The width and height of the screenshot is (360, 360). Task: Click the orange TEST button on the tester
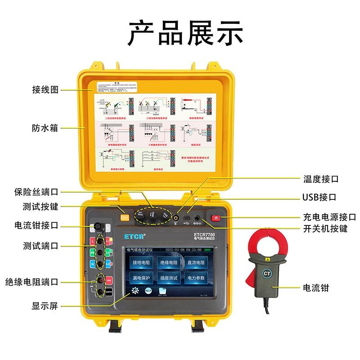[x=125, y=218]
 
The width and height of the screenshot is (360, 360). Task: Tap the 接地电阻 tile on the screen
[x=142, y=262]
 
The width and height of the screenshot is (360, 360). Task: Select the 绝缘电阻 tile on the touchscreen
[x=169, y=262]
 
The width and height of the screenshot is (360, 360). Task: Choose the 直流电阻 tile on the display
[x=196, y=262]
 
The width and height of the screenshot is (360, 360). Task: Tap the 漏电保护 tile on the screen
[x=142, y=278]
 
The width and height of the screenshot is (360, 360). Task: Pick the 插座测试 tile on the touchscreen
[x=169, y=278]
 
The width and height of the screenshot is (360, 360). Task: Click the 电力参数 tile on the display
[x=196, y=278]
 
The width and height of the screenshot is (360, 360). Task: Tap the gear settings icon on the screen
[x=135, y=291]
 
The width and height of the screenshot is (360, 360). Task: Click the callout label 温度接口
[x=320, y=179]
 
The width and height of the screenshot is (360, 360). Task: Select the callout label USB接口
[x=319, y=197]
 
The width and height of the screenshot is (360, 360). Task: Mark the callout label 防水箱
[x=45, y=128]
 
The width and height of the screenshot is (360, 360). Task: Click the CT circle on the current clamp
[x=267, y=274]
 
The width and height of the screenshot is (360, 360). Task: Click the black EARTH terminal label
[x=109, y=292]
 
